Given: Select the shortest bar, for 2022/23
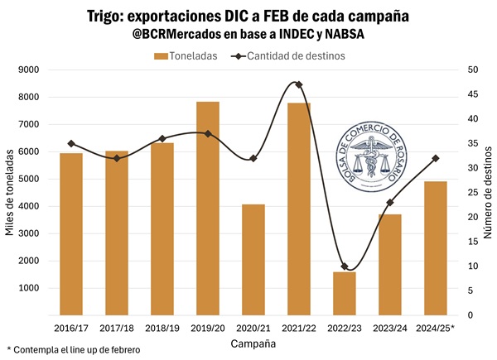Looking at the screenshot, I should (x=345, y=293).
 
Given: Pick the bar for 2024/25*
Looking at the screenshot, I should (x=435, y=248).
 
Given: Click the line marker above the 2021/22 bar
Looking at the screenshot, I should (x=298, y=84).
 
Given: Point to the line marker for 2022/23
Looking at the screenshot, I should (x=345, y=266).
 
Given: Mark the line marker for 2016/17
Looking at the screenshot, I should (x=71, y=143).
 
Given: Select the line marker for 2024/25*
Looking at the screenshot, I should (x=435, y=158).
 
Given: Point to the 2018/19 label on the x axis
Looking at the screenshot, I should (x=162, y=328).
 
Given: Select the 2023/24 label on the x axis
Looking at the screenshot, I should (x=389, y=328).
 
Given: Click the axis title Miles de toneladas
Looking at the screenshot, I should (x=9, y=192).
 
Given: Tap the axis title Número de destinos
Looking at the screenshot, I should (x=488, y=192).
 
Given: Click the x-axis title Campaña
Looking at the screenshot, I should (x=253, y=343).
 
